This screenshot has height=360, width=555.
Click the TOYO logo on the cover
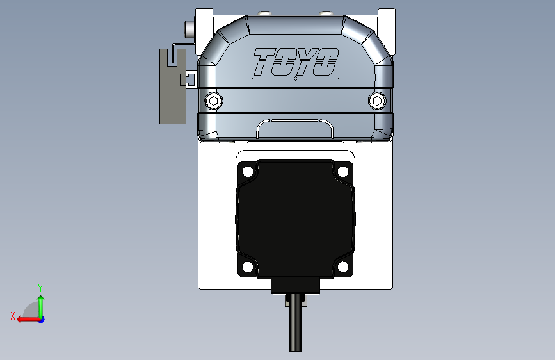tap(296, 63)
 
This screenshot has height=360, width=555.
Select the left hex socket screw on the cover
tap(214, 101)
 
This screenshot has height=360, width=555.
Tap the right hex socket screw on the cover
tap(377, 101)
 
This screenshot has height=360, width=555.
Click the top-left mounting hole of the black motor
tap(248, 172)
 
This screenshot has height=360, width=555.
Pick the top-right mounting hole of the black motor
tap(343, 172)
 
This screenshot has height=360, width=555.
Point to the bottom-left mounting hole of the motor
tap(248, 266)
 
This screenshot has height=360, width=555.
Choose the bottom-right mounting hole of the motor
tap(343, 266)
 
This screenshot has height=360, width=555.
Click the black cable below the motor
tap(296, 322)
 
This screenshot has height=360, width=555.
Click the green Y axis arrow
tap(41, 307)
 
